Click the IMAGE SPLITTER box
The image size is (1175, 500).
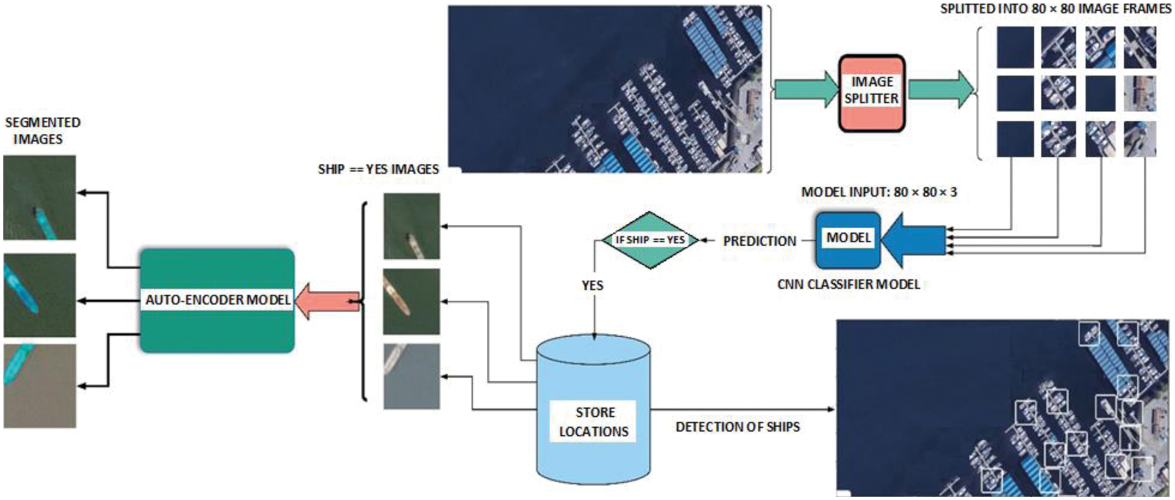point(871,93)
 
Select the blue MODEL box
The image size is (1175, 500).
point(848,240)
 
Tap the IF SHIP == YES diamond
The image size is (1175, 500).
point(650,240)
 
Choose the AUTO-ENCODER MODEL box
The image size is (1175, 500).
point(217,300)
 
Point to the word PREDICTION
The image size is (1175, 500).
point(759,241)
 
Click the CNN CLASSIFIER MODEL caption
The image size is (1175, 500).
point(848,284)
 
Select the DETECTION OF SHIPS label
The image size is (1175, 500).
point(738,427)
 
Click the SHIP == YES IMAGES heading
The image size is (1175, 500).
point(378,169)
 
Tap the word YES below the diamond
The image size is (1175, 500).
point(592,286)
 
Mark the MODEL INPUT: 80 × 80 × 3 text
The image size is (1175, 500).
point(879,192)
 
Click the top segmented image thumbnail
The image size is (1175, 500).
point(40,198)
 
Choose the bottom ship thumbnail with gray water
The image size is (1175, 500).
point(412,377)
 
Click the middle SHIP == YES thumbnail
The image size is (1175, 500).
point(412,301)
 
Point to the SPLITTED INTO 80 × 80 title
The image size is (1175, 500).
point(1055,9)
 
